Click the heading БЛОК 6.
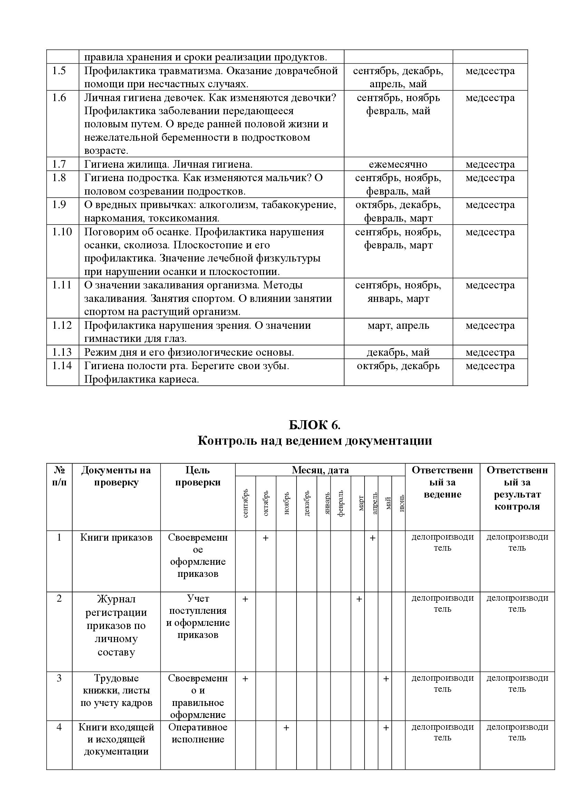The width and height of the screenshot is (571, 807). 314,425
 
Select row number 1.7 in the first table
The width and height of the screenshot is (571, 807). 59,164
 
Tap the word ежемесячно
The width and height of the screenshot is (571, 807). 398,165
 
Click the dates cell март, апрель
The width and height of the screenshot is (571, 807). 398,325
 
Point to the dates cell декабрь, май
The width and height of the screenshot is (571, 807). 398,352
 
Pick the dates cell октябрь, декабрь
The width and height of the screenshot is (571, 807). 398,366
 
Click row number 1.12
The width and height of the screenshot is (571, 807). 62,325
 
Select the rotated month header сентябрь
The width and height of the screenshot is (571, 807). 245,503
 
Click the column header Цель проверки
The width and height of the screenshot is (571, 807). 197,476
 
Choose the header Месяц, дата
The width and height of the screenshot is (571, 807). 320,470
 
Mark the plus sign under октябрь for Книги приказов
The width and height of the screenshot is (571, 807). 266,538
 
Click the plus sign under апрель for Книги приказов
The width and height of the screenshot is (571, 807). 373,538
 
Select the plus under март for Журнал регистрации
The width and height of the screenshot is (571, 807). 359,599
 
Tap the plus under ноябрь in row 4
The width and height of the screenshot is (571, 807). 286,728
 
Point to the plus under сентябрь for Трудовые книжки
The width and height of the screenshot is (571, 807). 245,679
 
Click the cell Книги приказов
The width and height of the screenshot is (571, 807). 116,538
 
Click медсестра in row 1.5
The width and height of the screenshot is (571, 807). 490,71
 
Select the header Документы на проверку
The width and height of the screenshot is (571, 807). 116,476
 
